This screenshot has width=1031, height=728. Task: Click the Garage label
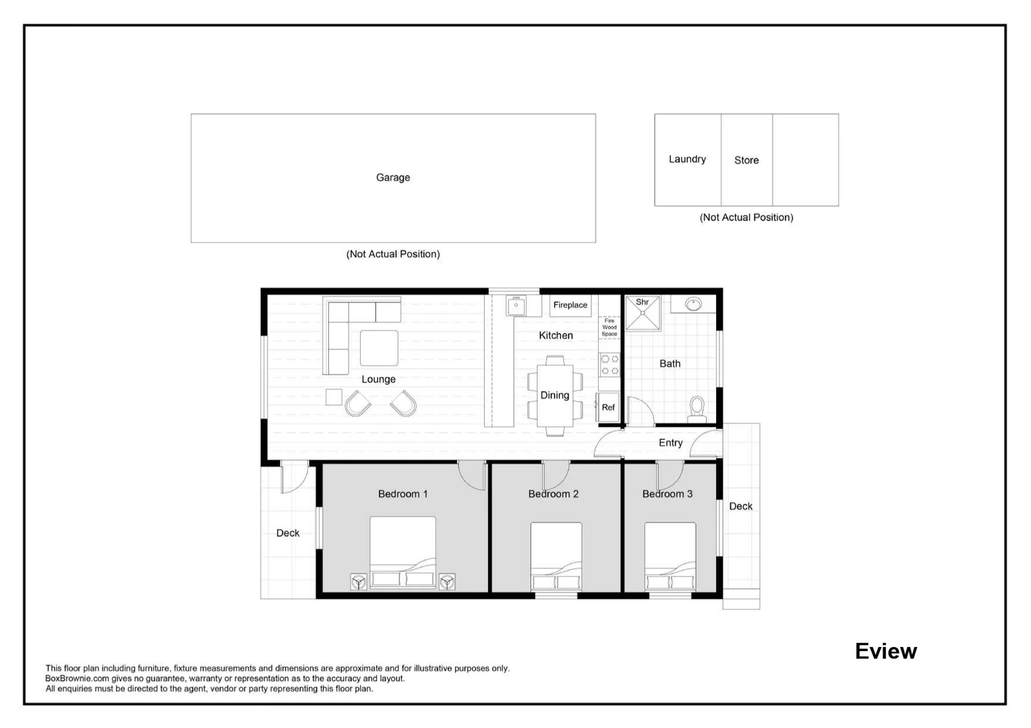pyautogui.click(x=392, y=177)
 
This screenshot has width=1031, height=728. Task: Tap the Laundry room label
pyautogui.click(x=687, y=159)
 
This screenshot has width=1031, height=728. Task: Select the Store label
pyautogui.click(x=746, y=160)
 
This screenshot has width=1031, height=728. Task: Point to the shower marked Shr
pyautogui.click(x=643, y=313)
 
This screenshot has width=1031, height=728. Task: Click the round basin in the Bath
pyautogui.click(x=693, y=304)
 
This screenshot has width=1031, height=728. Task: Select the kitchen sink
pyautogui.click(x=516, y=306)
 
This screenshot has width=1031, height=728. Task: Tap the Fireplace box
pyautogui.click(x=570, y=305)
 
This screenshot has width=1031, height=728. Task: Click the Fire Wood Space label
pyautogui.click(x=609, y=328)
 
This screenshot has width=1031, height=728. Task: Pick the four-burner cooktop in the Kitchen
pyautogui.click(x=610, y=365)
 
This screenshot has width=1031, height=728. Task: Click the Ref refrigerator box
pyautogui.click(x=608, y=407)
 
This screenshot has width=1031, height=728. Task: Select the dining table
pyautogui.click(x=555, y=396)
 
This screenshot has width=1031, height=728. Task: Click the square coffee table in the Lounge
pyautogui.click(x=378, y=348)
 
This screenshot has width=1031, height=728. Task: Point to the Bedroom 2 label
pyautogui.click(x=553, y=494)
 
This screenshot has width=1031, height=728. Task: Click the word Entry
pyautogui.click(x=670, y=443)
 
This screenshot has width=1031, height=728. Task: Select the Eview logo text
pyautogui.click(x=885, y=651)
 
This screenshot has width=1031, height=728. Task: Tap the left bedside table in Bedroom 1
pyautogui.click(x=359, y=581)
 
